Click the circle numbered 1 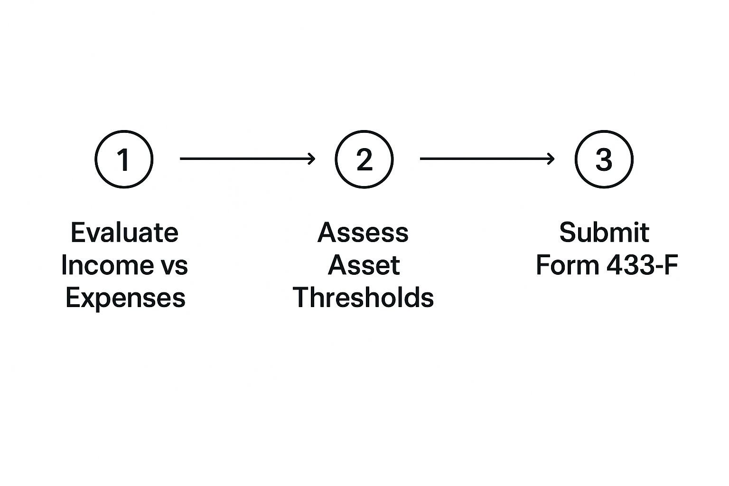click(124, 159)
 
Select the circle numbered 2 click(364, 159)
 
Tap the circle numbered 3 click(604, 159)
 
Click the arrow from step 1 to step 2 click(247, 159)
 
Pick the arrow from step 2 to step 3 click(487, 159)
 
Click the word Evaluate click(124, 233)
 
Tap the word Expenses click(125, 298)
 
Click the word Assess click(363, 233)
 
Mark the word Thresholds click(364, 298)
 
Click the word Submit click(604, 233)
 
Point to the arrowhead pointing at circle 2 click(312, 159)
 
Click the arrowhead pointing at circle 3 click(551, 159)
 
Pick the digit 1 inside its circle click(123, 159)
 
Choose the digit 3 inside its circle click(604, 159)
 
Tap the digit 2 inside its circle click(364, 159)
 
